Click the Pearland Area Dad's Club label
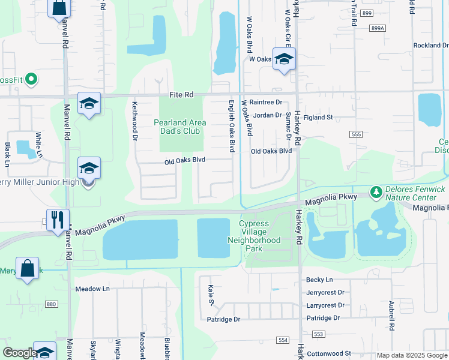[180, 127]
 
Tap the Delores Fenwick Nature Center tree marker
[376, 191]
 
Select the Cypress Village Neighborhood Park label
[254, 236]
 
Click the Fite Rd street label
[181, 95]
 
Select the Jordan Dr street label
[267, 115]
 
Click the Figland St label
[318, 118]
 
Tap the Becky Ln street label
[319, 280]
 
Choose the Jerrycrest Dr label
[325, 292]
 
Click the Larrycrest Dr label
[325, 305]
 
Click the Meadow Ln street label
[92, 289]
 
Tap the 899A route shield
[378, 28]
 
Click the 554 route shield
[283, 340]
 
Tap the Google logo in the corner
[19, 353]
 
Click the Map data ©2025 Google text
[411, 355]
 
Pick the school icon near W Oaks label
[284, 59]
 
